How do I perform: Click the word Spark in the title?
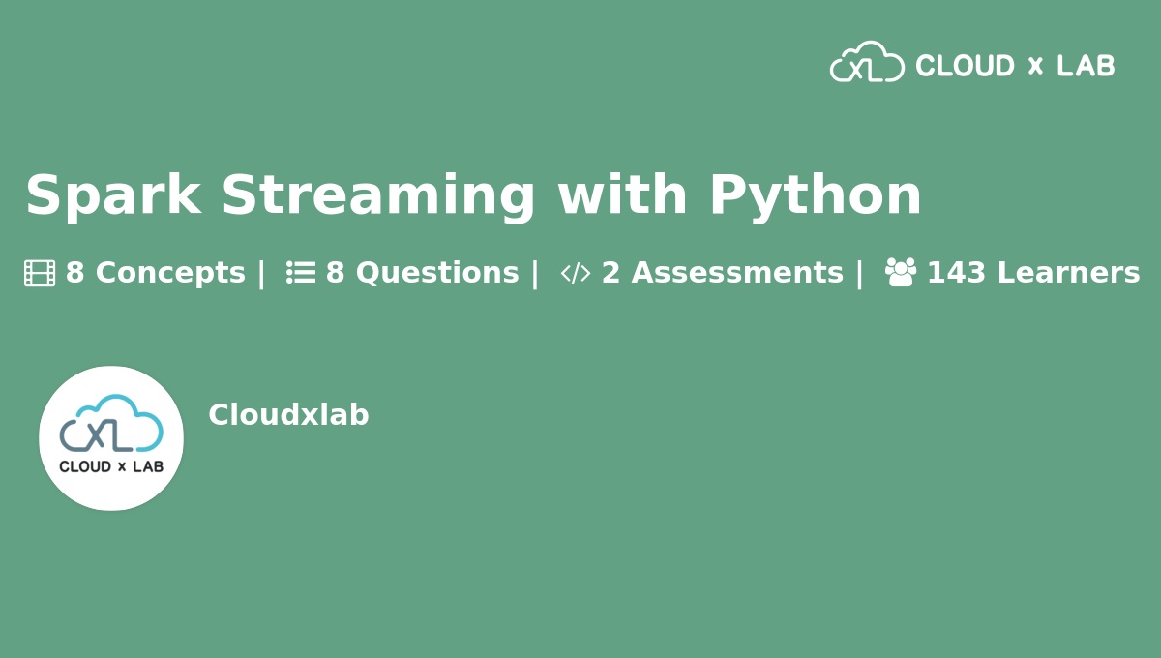tap(112, 195)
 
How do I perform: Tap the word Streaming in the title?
tap(377, 195)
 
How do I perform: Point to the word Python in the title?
tap(815, 195)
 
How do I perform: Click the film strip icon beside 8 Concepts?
tap(40, 274)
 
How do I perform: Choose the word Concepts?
tap(170, 274)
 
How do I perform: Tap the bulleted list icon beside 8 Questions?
tap(301, 274)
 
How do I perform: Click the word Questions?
tap(437, 274)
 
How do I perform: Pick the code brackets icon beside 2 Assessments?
tap(576, 274)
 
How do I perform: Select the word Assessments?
tap(737, 274)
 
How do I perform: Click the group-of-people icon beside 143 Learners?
tap(900, 273)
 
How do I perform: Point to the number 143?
tap(956, 274)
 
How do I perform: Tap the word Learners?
tap(1068, 274)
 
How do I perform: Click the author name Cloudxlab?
tap(288, 415)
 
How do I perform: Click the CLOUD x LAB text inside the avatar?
tap(111, 466)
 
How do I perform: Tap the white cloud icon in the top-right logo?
tap(867, 62)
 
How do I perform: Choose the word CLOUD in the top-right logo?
tap(965, 66)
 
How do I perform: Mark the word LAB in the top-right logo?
tap(1086, 66)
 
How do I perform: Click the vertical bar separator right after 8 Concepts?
tap(260, 274)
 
